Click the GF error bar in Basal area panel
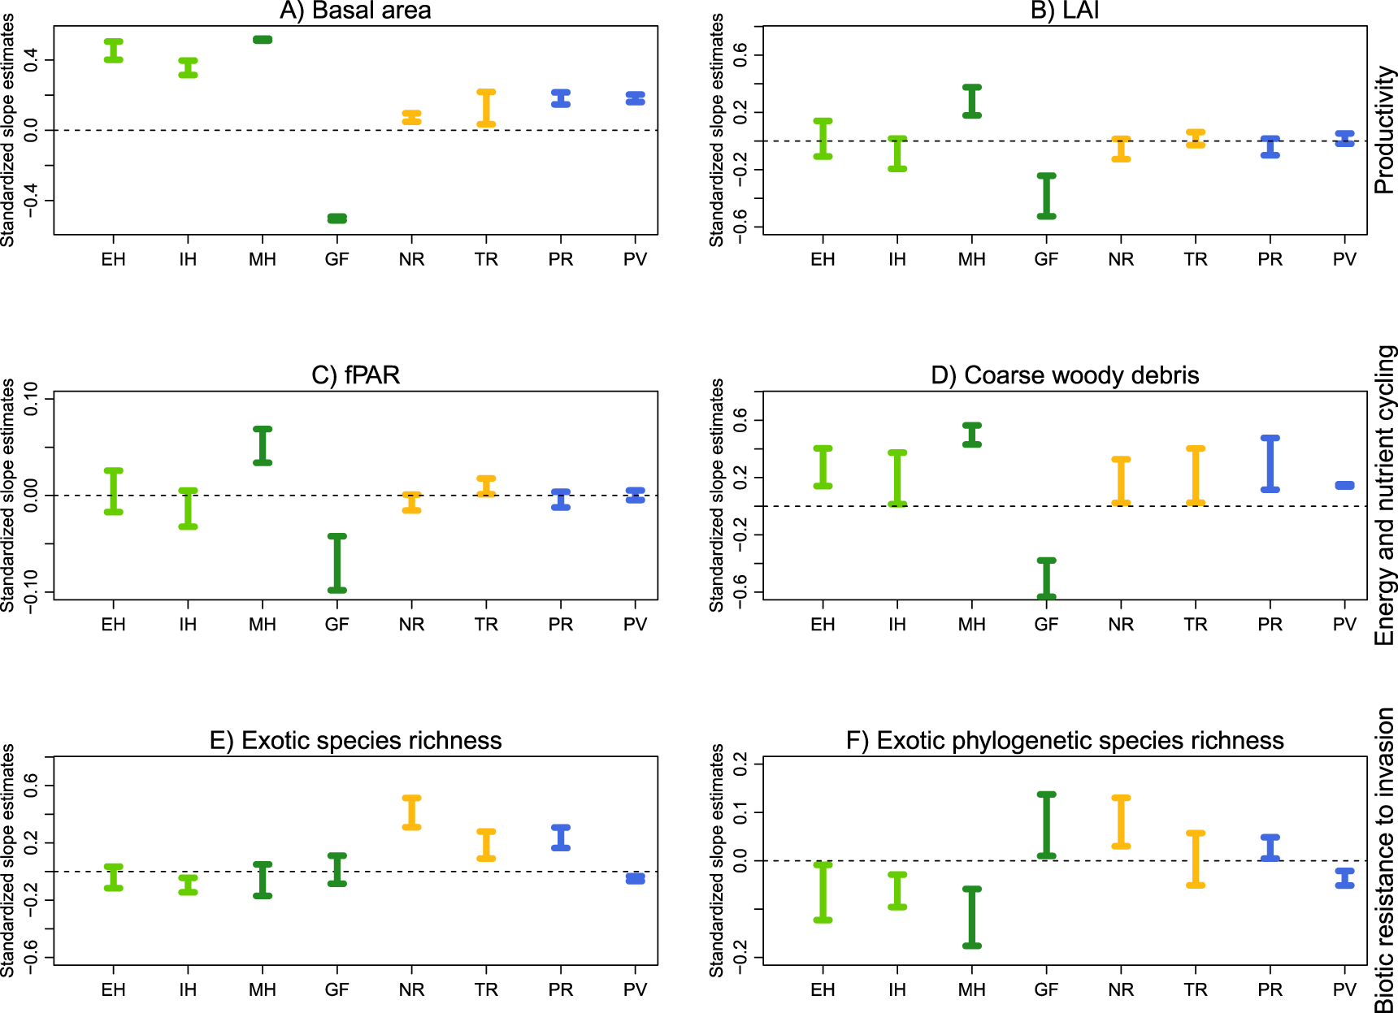click(336, 219)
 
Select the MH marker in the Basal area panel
click(263, 40)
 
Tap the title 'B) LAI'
click(1064, 11)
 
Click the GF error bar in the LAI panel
click(1046, 196)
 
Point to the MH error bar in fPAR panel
click(263, 445)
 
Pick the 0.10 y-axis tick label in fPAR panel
click(31, 398)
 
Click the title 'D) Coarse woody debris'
click(1064, 375)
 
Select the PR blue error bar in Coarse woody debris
click(1270, 464)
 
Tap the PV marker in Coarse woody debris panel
click(1344, 486)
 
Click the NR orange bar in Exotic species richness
click(411, 812)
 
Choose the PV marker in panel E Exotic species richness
click(635, 879)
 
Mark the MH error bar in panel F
click(971, 917)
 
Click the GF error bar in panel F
click(1046, 825)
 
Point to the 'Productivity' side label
click(1384, 130)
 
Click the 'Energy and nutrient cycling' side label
click(1384, 496)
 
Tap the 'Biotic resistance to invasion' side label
click(1384, 859)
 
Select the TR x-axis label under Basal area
click(486, 259)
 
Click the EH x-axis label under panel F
click(823, 989)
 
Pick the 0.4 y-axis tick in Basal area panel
click(31, 60)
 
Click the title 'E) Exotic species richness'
click(355, 741)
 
